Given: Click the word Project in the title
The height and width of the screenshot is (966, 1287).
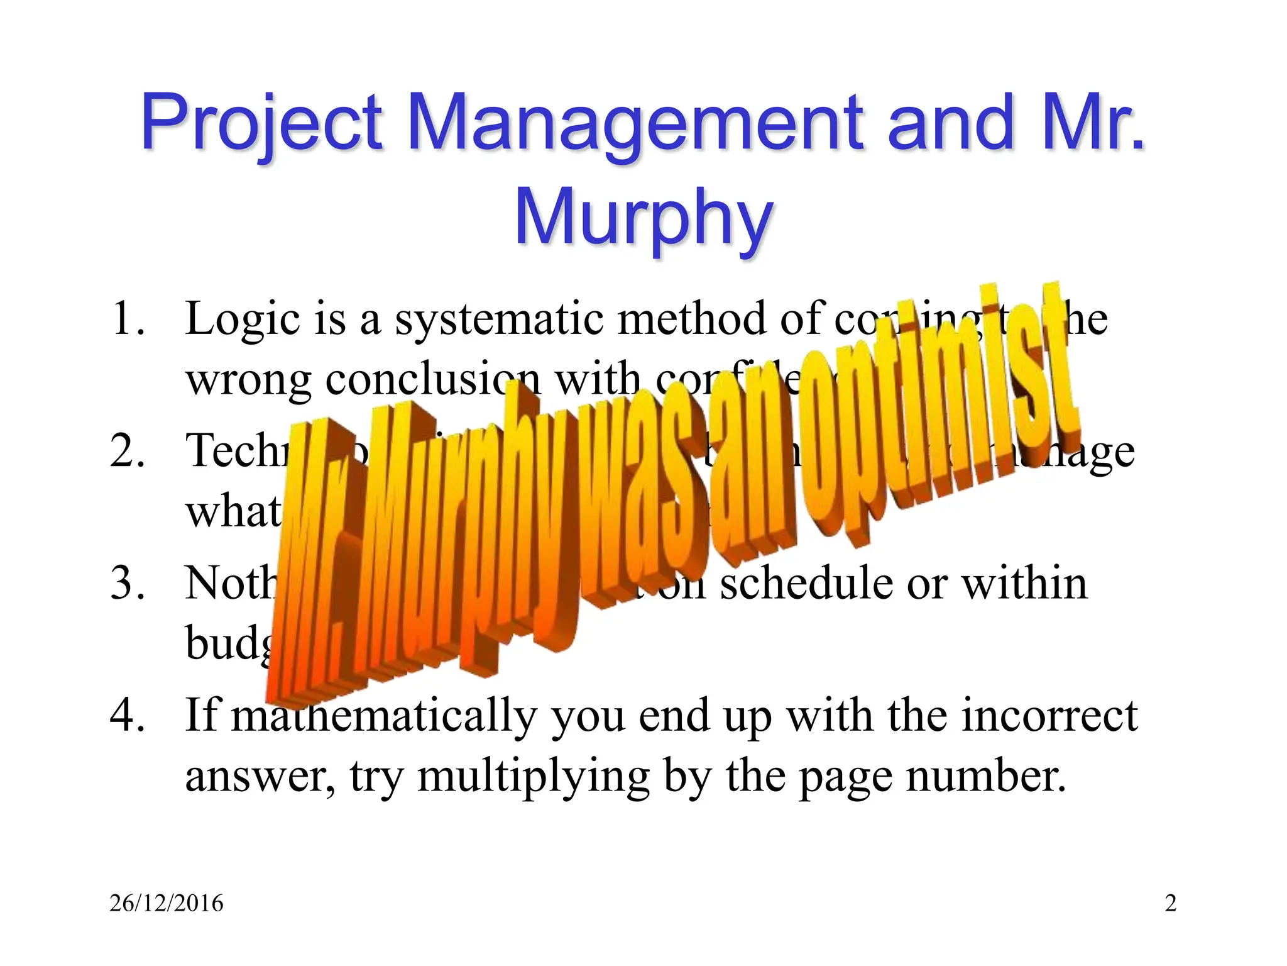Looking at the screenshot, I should (261, 123).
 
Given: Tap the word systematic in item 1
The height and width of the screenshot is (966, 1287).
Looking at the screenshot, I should (499, 319).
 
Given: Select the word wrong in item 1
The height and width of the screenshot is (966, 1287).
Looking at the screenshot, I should (248, 381).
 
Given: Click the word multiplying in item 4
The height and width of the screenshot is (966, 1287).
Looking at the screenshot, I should (534, 777).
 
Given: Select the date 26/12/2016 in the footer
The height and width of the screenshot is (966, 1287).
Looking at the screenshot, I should (167, 903).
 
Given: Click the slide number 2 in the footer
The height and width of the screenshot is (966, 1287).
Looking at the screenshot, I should (1170, 903).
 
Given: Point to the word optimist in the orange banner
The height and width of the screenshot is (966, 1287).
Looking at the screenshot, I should (930, 428).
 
